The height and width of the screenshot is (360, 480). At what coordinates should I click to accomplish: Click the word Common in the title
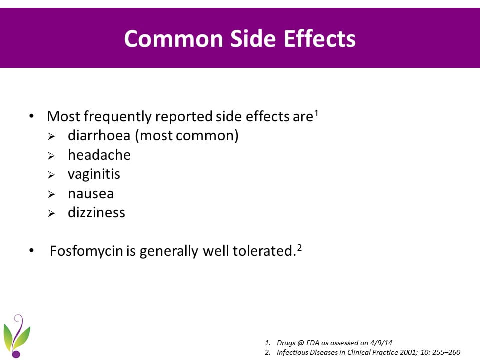click(173, 39)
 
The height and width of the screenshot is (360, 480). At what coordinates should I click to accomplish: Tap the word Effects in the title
click(320, 39)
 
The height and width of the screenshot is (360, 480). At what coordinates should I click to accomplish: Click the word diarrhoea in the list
click(99, 135)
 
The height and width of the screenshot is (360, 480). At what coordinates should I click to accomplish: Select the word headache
click(99, 155)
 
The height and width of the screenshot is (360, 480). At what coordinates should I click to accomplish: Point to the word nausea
click(91, 194)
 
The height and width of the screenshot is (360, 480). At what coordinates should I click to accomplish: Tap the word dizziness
click(96, 213)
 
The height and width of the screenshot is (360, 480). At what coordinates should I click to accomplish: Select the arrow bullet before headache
click(51, 156)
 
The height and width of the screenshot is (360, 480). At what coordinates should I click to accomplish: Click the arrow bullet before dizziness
click(51, 213)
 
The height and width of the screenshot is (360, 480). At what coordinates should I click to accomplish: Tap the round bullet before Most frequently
click(31, 116)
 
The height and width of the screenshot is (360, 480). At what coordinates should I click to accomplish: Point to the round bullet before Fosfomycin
click(31, 250)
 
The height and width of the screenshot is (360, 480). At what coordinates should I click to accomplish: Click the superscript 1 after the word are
click(317, 113)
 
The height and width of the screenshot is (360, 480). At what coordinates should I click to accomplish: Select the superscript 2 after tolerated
click(299, 248)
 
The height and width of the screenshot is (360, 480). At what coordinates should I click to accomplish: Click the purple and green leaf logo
click(17, 336)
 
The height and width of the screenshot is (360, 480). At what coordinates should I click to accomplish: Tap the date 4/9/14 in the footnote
click(381, 343)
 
